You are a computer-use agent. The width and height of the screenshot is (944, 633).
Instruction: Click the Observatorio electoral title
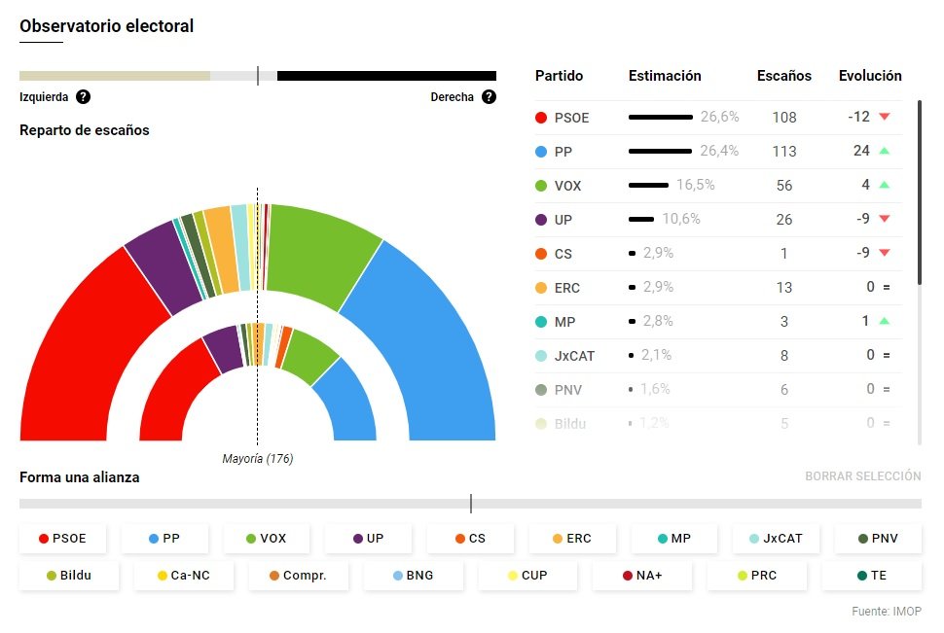click(107, 26)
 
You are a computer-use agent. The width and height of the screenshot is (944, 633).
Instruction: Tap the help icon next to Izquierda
click(84, 97)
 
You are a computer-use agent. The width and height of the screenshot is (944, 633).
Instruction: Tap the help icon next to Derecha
click(489, 97)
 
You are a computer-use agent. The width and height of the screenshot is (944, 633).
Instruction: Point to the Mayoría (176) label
click(258, 459)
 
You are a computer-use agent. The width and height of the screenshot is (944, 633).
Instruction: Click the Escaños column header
click(783, 76)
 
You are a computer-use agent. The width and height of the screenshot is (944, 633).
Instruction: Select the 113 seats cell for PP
click(783, 152)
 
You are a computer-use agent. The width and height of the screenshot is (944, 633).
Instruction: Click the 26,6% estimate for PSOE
click(719, 117)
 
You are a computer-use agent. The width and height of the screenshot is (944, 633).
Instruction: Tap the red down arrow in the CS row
click(884, 253)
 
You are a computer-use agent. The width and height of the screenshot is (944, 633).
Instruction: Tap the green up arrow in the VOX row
click(884, 185)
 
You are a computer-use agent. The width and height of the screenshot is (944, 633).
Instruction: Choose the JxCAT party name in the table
click(574, 356)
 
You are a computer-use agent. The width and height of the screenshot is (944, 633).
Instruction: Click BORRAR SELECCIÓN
click(862, 476)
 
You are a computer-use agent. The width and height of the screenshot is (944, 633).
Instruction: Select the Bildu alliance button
click(69, 576)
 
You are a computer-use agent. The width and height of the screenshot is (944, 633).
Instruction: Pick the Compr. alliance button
click(299, 576)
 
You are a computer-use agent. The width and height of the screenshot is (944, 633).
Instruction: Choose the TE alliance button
click(871, 576)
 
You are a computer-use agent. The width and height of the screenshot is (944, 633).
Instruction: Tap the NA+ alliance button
click(643, 576)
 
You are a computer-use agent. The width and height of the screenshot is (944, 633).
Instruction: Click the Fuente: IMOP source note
click(887, 612)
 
